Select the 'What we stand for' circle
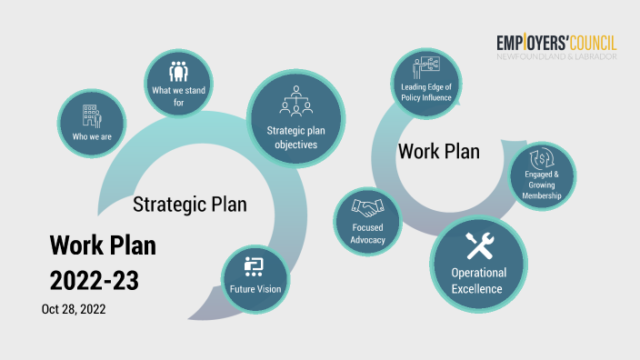tap(178, 84)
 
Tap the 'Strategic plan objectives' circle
tap(296, 119)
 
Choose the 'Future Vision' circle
tap(255, 278)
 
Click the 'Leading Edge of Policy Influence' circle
tap(425, 84)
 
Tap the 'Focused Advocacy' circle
tap(368, 224)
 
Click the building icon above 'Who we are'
tap(92, 115)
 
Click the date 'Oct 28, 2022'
tap(74, 309)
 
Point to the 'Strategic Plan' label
tap(189, 204)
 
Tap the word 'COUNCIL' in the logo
tap(583, 43)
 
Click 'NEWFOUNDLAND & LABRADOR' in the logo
tap(556, 56)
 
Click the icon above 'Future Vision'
tap(255, 265)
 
